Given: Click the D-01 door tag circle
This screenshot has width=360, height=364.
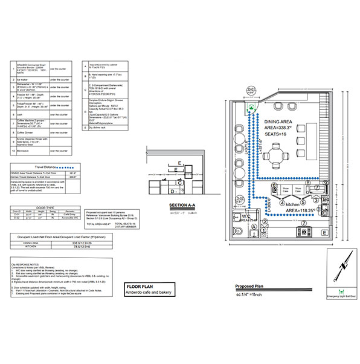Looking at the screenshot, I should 252,91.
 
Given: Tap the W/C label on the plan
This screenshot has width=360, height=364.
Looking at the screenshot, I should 246,216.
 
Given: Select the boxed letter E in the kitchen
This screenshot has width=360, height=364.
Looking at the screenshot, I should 325,232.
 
